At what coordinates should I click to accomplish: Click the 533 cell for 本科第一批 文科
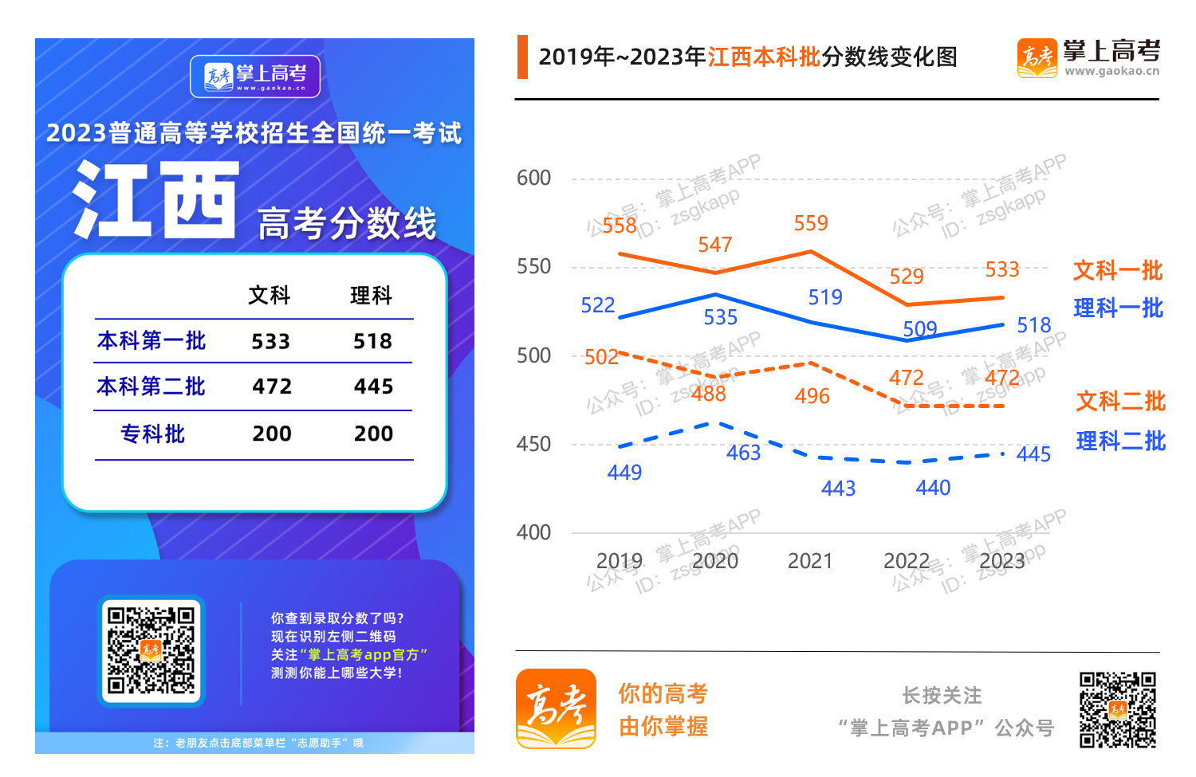(271, 342)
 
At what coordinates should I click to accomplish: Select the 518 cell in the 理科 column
(372, 342)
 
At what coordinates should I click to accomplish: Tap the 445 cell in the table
(373, 387)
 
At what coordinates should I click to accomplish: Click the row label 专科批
(152, 434)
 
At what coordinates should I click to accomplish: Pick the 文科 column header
(269, 296)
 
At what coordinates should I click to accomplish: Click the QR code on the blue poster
(151, 650)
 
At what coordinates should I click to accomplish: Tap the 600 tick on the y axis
(533, 178)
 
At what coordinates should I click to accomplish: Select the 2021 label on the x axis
(810, 561)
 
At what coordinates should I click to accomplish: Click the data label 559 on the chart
(811, 223)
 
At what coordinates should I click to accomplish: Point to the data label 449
(624, 473)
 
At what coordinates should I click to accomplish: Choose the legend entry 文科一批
(1118, 271)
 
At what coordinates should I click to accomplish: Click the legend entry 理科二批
(1120, 441)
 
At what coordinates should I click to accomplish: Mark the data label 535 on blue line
(720, 318)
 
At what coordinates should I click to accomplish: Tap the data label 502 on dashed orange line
(601, 357)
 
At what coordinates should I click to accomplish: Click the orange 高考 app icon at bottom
(556, 708)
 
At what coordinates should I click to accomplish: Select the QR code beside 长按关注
(1118, 709)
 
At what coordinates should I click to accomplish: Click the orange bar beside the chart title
(522, 57)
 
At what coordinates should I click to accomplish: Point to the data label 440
(933, 488)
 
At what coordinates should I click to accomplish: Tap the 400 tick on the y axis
(533, 532)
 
